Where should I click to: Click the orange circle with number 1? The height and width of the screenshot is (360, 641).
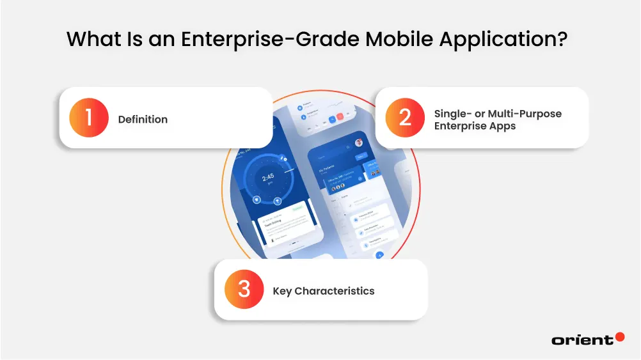(x=89, y=118)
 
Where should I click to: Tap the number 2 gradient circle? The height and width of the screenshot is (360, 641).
(x=404, y=118)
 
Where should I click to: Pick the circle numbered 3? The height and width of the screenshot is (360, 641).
(x=244, y=290)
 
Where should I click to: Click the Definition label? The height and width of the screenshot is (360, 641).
(x=143, y=119)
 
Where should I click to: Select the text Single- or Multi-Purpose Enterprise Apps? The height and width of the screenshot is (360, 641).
(x=497, y=119)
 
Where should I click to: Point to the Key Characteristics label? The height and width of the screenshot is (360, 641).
(x=323, y=290)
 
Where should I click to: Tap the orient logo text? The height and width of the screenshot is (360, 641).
(x=582, y=340)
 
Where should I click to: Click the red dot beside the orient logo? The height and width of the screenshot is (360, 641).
(x=619, y=336)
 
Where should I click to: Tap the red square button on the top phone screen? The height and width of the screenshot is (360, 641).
(x=340, y=118)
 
